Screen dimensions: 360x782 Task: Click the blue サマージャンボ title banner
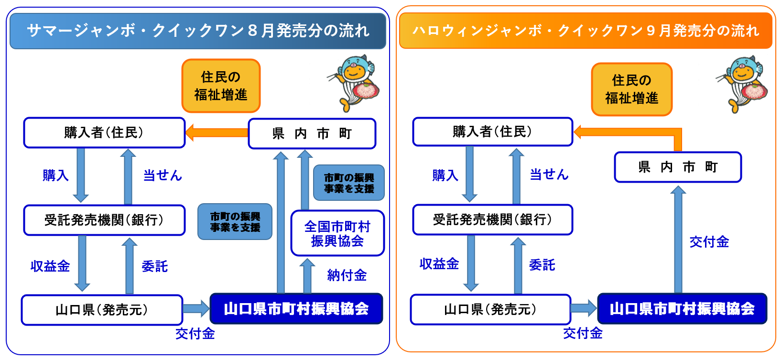(x=198, y=31)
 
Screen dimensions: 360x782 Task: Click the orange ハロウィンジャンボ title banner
(x=586, y=31)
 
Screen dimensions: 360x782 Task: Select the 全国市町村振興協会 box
(x=337, y=233)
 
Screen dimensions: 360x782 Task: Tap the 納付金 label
(x=347, y=275)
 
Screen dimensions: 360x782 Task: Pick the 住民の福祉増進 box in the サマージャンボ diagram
(x=221, y=86)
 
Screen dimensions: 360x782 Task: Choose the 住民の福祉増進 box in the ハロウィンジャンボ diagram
(x=631, y=89)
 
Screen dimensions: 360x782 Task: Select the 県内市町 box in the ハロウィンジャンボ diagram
(x=678, y=167)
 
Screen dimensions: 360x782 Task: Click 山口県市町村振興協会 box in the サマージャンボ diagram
(x=296, y=309)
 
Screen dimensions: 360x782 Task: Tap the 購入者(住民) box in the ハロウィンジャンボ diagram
(x=492, y=131)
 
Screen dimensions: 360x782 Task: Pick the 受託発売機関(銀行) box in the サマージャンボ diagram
(x=104, y=220)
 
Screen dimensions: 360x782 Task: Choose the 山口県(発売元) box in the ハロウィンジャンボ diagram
(x=490, y=309)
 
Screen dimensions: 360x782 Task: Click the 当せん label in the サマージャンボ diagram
(x=163, y=175)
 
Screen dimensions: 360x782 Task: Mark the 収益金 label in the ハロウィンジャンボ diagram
(x=439, y=264)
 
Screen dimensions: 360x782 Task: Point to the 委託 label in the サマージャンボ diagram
(x=155, y=266)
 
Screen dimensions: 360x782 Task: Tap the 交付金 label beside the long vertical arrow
(x=709, y=242)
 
